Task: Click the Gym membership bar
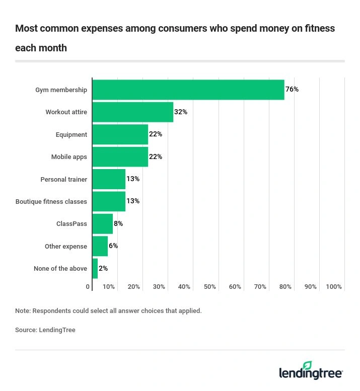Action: (188, 90)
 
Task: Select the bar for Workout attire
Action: (133, 112)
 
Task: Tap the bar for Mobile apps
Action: (120, 157)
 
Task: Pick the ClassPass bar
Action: (103, 223)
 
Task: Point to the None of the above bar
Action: (95, 268)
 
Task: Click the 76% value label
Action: (292, 90)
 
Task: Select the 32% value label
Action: (181, 112)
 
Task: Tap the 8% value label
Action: (118, 223)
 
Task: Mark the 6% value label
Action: (113, 246)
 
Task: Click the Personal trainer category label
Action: (63, 179)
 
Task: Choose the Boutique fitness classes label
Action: (51, 201)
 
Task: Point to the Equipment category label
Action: (71, 134)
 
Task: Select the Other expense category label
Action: (65, 246)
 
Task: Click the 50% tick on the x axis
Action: (210, 287)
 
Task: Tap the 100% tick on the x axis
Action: (334, 287)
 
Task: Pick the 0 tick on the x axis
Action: (88, 287)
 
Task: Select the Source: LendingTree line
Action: (45, 330)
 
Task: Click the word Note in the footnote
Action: (22, 311)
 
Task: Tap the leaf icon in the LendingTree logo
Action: (307, 366)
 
